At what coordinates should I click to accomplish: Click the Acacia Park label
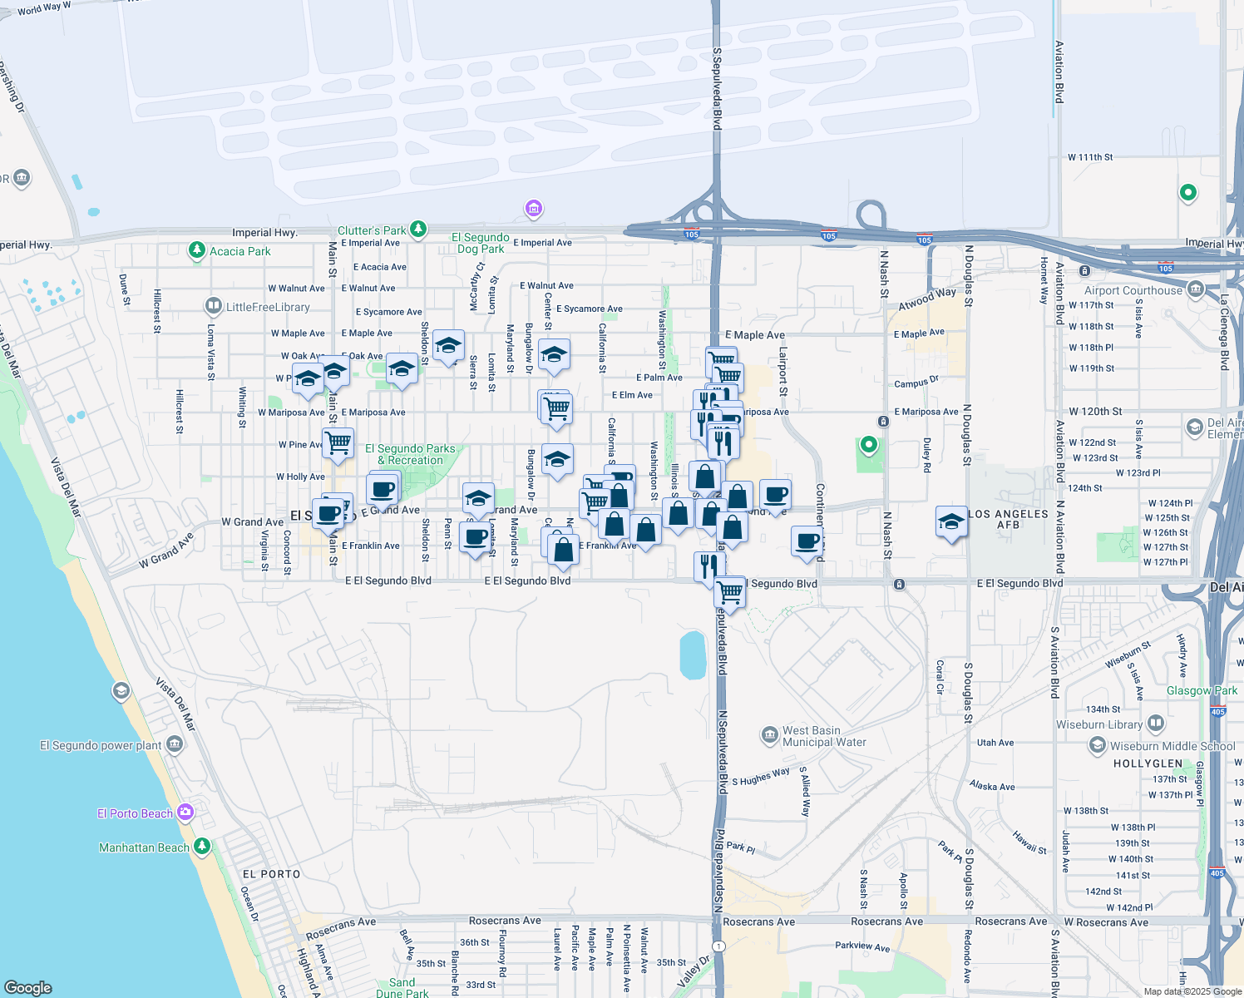point(239,251)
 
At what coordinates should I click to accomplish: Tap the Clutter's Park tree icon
point(418,229)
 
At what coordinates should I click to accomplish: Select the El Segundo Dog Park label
point(481,243)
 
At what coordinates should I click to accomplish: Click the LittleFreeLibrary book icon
point(214,307)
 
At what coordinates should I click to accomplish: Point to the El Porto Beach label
point(135,813)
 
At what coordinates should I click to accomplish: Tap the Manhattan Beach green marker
point(202,847)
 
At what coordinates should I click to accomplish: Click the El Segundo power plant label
point(101,745)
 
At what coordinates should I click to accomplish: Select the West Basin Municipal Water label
point(824,736)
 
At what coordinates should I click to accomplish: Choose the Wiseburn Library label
point(1098,724)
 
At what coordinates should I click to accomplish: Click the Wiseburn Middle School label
point(1172,746)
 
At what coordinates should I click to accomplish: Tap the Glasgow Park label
point(1202,690)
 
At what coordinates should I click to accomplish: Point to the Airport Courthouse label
point(1133,290)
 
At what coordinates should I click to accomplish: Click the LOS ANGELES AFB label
point(1008,519)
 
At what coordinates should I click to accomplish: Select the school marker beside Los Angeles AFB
point(951,521)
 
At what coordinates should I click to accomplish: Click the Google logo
point(28,987)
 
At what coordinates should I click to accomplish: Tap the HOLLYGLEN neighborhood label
point(1148,763)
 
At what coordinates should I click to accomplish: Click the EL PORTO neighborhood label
point(271,874)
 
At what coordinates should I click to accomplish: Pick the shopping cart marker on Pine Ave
point(338,442)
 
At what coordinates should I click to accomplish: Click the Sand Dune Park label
point(402,988)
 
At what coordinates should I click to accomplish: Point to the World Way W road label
point(44,8)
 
